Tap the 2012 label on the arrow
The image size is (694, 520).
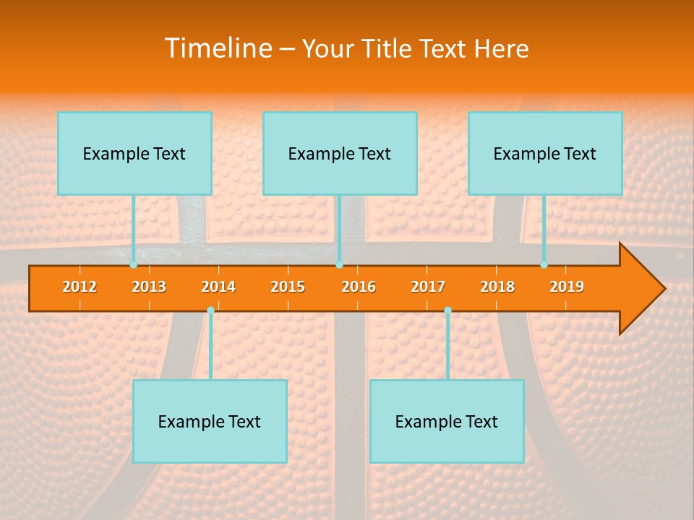click(80, 287)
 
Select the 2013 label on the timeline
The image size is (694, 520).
click(149, 287)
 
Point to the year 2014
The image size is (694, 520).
click(218, 287)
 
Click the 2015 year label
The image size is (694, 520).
click(288, 287)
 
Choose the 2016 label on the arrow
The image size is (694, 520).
click(359, 287)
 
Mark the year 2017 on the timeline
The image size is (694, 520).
click(428, 287)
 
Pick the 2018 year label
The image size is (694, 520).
click(497, 287)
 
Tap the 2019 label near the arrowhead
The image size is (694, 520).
click(567, 287)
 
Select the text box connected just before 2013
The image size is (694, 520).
click(134, 153)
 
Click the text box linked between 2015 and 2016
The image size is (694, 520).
click(340, 153)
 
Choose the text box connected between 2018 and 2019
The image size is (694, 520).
click(545, 153)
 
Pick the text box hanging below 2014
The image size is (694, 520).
click(210, 421)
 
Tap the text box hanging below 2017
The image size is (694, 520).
click(447, 421)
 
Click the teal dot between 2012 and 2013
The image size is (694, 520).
click(133, 265)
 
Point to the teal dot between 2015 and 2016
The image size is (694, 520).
click(339, 265)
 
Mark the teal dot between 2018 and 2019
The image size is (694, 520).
click(544, 265)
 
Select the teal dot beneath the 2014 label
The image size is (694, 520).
click(210, 310)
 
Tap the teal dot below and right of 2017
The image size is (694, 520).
click(447, 310)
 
